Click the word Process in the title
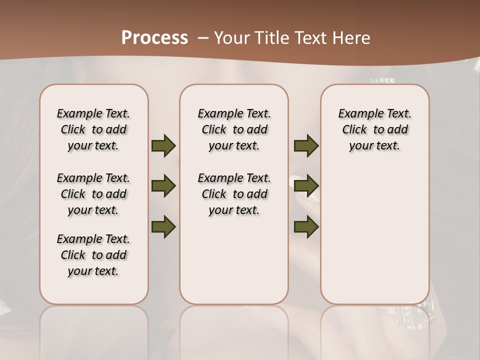click(154, 37)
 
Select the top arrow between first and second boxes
click(163, 146)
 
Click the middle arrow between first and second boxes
click(163, 186)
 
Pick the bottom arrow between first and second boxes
click(163, 226)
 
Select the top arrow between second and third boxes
click(306, 146)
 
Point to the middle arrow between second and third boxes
click(306, 186)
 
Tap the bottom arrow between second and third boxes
click(306, 226)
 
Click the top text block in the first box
click(93, 129)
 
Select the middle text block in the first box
click(93, 194)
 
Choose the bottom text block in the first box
click(93, 255)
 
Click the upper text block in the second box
click(234, 129)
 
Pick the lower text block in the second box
click(234, 194)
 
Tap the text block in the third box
click(374, 129)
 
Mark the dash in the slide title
click(203, 37)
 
